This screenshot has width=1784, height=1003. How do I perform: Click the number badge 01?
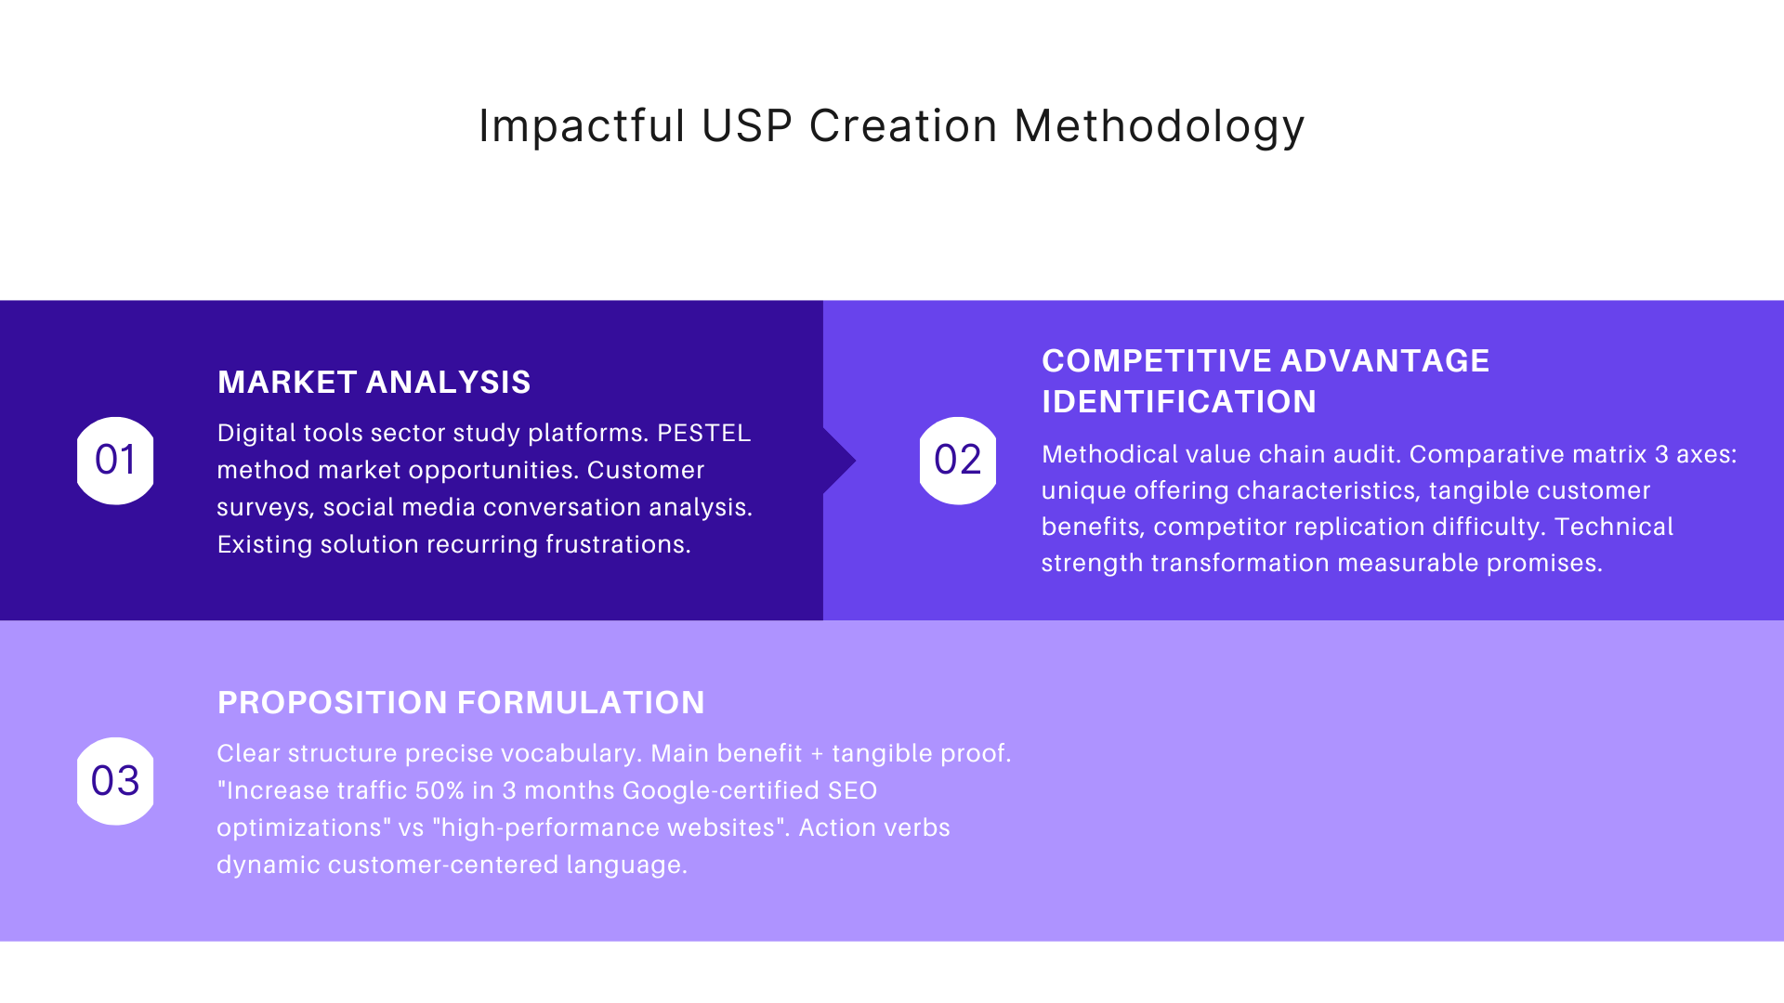115,461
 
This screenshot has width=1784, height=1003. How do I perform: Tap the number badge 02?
957,461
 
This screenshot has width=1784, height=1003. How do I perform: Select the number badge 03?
115,781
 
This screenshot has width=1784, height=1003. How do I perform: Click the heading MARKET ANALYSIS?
374,383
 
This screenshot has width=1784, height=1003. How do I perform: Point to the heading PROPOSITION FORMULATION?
461,703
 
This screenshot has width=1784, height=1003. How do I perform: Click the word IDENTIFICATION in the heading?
1178,402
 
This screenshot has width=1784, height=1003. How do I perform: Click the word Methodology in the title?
1159,125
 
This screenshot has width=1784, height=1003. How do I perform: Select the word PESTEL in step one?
703,434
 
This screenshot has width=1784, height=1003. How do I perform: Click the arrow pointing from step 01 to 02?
839,461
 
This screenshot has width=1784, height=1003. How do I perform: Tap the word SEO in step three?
852,791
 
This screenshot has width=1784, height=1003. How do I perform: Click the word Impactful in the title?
582,125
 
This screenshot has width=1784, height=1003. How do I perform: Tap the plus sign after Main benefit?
817,754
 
